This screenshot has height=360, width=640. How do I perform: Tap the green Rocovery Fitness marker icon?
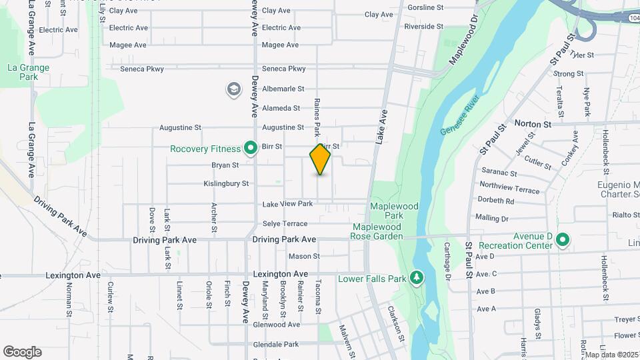[251, 148]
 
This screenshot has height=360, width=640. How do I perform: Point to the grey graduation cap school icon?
[233, 89]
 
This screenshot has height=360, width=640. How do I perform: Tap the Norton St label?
[533, 124]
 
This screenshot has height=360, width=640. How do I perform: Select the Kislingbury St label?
[226, 183]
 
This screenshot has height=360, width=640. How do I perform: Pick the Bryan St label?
[225, 165]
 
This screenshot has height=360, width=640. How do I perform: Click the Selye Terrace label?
[285, 224]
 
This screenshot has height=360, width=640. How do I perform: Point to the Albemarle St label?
[283, 89]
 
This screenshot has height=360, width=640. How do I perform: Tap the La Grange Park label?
[28, 72]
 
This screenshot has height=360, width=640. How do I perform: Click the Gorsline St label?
[425, 7]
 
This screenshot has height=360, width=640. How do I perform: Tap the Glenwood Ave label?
[276, 325]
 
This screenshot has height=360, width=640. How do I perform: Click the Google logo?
[22, 352]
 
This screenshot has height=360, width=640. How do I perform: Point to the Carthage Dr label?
[448, 261]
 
